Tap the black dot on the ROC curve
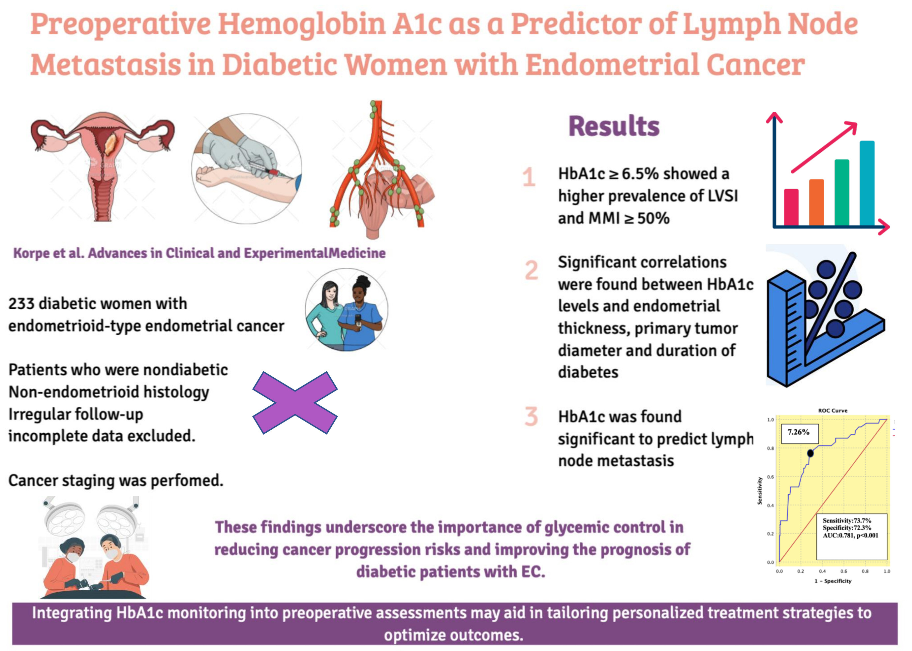point(810,453)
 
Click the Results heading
point(614,126)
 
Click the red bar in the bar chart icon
point(791,207)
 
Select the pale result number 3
point(531,417)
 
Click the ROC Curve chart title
point(832,411)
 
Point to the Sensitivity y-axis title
point(759,490)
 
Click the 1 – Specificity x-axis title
point(832,581)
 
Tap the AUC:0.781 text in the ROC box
point(839,535)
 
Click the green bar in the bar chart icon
point(841,192)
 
